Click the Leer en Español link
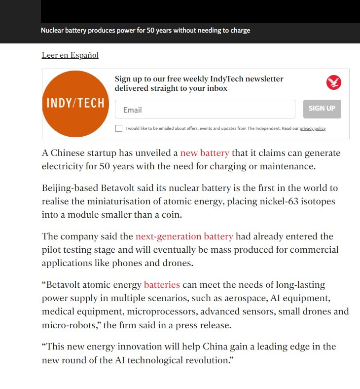(70, 55)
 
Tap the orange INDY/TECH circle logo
(75, 103)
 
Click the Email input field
(205, 110)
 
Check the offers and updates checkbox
(119, 128)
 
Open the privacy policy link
(313, 128)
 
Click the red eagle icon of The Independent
(334, 82)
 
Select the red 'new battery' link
(205, 153)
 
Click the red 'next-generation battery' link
(184, 236)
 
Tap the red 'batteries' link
(162, 285)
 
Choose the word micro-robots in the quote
(66, 325)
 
